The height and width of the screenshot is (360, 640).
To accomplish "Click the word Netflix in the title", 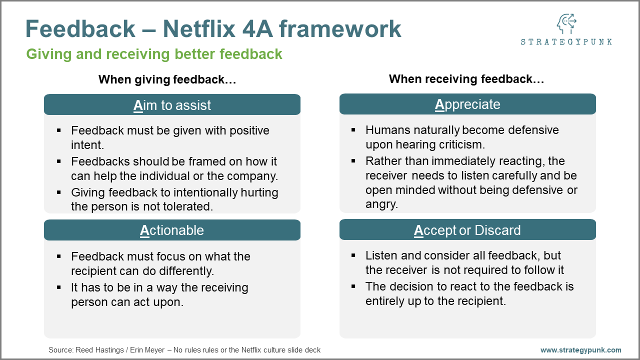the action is pos(199,29).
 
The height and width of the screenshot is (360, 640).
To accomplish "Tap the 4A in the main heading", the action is pos(257,29).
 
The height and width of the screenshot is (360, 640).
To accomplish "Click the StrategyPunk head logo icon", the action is pos(566,24).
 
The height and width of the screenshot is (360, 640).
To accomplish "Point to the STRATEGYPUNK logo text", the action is pos(566,42).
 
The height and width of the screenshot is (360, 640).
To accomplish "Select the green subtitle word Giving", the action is pos(48,54).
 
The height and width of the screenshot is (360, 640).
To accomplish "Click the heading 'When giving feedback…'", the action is pos(167,79).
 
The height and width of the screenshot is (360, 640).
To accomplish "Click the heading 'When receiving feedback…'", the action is pos(466,79).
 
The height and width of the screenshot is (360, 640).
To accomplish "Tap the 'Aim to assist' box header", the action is pos(172,104).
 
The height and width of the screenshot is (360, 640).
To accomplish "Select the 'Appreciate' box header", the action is pos(467,104).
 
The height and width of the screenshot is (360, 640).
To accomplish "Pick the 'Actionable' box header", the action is pos(172,230).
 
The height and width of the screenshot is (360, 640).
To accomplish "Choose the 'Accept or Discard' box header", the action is pos(467,229).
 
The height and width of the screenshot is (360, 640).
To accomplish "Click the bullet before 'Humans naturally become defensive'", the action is pos(353,130).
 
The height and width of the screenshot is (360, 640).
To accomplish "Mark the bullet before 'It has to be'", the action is pos(59,287).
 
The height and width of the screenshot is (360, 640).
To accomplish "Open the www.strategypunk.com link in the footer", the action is pos(580,350).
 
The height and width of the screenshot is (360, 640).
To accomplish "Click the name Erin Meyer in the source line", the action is pos(147,350).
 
